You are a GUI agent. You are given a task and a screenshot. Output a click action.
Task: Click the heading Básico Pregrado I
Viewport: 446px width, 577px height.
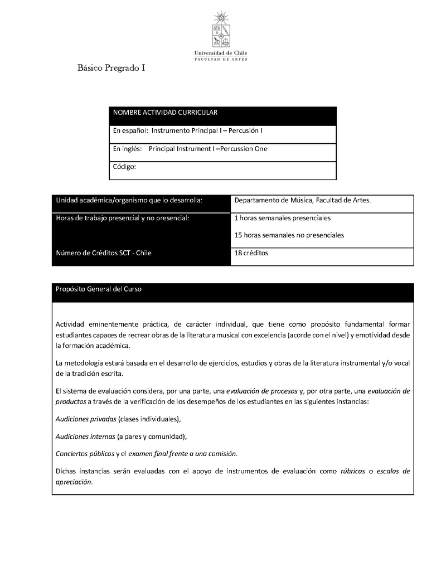pos(111,68)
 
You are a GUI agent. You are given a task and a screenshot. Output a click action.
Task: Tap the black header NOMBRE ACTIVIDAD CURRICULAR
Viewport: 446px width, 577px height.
pos(165,113)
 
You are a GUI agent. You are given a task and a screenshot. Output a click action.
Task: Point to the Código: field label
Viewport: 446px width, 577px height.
pos(124,166)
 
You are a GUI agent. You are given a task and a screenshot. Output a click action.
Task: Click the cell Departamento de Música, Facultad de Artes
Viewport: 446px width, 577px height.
pos(303,200)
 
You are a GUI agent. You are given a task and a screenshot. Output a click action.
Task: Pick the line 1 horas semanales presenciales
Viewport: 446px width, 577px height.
pos(283,218)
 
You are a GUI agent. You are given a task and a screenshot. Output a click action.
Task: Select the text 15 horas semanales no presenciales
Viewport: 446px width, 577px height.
pos(289,235)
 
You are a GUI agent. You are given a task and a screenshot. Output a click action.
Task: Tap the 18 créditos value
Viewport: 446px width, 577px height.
pos(251,253)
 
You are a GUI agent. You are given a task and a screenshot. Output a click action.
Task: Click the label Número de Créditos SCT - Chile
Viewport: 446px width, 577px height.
pos(104,253)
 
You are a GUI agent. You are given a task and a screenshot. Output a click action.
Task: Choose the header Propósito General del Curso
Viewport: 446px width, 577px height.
pos(99,289)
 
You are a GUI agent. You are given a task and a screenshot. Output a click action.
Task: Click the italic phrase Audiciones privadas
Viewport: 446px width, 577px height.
pos(86,419)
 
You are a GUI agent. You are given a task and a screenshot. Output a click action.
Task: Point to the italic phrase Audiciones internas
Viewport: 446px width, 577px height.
pos(85,436)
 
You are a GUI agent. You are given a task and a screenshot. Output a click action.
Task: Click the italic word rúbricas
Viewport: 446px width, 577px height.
pos(353,471)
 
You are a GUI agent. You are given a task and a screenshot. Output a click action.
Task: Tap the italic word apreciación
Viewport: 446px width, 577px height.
pos(74,482)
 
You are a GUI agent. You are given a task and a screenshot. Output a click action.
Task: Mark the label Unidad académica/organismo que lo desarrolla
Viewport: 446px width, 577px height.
pos(129,200)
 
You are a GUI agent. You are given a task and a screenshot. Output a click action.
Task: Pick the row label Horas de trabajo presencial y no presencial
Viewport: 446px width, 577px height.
pos(123,217)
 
